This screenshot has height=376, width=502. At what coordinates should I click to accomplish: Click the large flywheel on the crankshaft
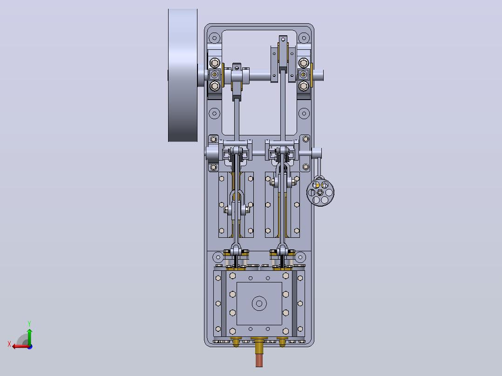tap(183, 75)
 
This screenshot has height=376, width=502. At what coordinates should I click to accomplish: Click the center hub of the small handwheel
tap(320, 192)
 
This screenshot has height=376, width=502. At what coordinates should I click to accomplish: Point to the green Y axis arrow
tap(29, 336)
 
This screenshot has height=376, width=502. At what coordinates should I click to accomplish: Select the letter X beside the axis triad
tap(9, 344)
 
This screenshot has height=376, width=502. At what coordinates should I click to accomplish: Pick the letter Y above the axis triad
tap(29, 323)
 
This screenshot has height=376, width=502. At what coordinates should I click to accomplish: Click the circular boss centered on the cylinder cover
tap(259, 303)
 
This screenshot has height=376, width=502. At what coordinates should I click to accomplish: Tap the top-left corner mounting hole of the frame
tap(215, 38)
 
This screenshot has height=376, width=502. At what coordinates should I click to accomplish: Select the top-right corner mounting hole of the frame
tap(304, 38)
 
